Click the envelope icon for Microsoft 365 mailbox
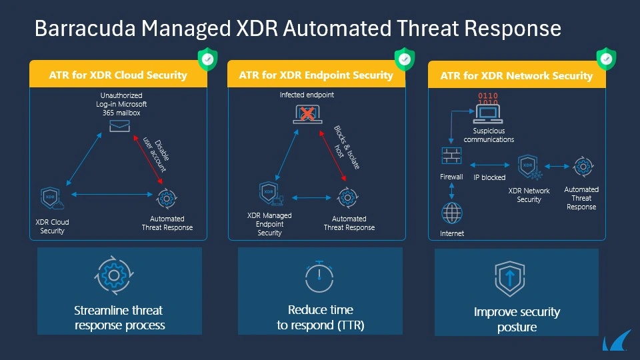coord(119,126)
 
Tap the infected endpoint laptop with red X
coord(307,114)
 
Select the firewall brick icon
coord(451,155)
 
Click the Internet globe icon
coord(452,213)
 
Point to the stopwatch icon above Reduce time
coord(319,276)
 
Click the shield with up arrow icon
coord(510,279)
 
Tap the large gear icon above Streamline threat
coord(114,275)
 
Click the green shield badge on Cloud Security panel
coord(208,59)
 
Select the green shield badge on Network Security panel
coord(606,59)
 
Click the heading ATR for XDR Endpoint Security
coord(316,75)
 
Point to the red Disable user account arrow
coord(148,160)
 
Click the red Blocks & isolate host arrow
coord(333,155)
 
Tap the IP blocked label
coord(489,177)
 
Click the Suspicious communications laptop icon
coord(488,114)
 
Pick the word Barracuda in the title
coord(85,29)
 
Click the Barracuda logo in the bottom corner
coord(615,341)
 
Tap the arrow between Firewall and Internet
coord(451,191)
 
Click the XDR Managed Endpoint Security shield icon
coord(271,193)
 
